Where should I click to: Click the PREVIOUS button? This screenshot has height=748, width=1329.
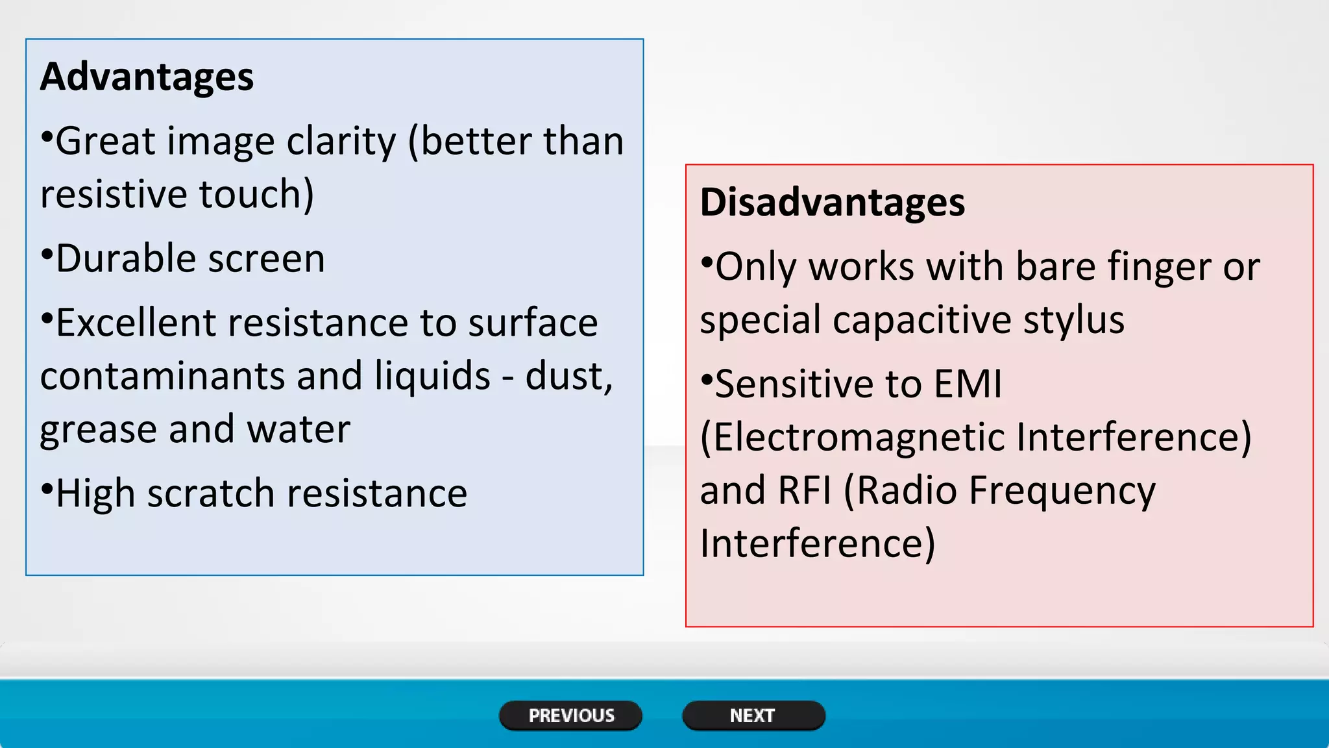pos(570,716)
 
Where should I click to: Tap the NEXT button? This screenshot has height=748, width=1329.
pos(753,716)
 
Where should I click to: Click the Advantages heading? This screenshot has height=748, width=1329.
pos(147,77)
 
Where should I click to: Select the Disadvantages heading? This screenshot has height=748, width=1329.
pos(832,202)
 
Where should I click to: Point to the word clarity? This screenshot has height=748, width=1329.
pos(341,142)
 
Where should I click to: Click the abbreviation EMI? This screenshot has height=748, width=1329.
pos(968,384)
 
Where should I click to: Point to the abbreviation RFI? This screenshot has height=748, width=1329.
pos(804,490)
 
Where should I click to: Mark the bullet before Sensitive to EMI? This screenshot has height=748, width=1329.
pos(706,379)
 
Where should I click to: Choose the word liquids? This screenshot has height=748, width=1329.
pos(432,376)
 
